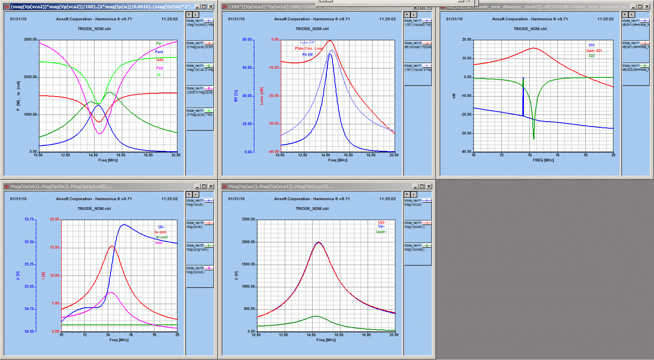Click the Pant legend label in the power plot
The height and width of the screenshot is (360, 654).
click(x=159, y=52)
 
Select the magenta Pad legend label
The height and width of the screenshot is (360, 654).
click(x=159, y=68)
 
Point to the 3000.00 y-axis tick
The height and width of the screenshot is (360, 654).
click(x=30, y=39)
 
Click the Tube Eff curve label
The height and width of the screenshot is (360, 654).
click(x=307, y=43)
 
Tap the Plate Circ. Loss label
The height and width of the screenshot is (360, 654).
click(x=309, y=48)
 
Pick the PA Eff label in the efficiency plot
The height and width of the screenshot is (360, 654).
click(x=307, y=55)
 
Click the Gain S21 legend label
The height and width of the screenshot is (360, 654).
click(x=594, y=51)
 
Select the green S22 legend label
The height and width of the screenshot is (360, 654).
click(x=591, y=56)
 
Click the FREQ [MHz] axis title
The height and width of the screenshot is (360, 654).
click(x=543, y=160)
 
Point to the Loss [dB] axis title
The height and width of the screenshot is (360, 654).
click(x=262, y=96)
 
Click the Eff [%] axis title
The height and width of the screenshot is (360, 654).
click(x=236, y=96)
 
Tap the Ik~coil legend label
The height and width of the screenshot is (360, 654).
click(x=161, y=237)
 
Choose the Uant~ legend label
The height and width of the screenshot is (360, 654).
click(x=381, y=232)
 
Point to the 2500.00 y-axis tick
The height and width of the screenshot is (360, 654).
click(x=248, y=219)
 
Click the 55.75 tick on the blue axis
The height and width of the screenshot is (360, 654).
click(x=29, y=219)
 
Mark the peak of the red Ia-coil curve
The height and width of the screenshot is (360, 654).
click(x=112, y=246)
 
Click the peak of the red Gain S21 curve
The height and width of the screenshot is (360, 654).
click(x=534, y=48)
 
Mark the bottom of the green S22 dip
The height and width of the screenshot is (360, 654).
click(x=534, y=138)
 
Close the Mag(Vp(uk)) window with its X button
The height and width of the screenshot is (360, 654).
click(x=211, y=186)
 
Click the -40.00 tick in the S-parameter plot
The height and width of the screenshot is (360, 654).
click(x=466, y=152)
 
